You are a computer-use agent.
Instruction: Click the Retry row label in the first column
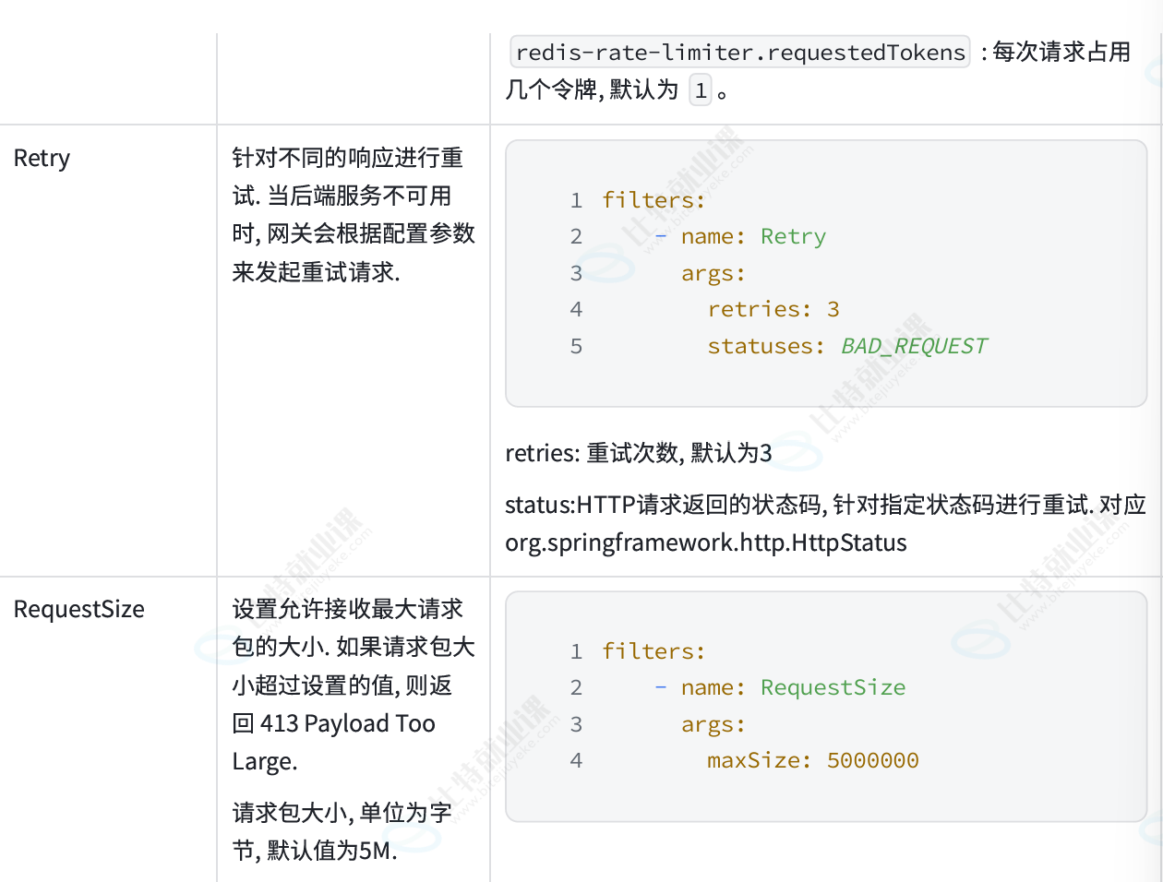coord(42,159)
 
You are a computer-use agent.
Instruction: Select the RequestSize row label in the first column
coord(79,609)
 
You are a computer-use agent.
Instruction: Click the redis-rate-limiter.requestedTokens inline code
coord(740,52)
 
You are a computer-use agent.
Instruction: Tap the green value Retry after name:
coord(793,237)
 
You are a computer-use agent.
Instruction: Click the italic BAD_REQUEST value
coord(914,346)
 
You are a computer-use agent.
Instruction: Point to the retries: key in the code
coord(760,309)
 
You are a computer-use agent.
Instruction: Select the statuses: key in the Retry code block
coord(765,346)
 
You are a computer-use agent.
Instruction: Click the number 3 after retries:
coord(833,309)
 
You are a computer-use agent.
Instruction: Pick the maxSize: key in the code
coord(760,761)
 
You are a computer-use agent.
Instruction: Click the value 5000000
coord(872,761)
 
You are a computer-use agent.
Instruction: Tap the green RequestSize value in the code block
coord(833,687)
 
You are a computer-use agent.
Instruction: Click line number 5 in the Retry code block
coord(577,346)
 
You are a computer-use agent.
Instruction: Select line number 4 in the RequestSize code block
coord(577,761)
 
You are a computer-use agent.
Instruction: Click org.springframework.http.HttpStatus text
coord(706,542)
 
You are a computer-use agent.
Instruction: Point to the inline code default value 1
coord(701,90)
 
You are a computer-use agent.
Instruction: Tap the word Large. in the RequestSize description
coord(265,762)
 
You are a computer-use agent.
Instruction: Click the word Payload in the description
coord(346,723)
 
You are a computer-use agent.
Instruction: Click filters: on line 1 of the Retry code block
coord(653,200)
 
